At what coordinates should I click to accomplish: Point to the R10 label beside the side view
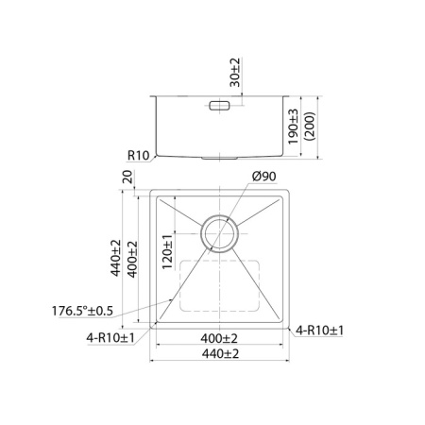[x=139, y=157]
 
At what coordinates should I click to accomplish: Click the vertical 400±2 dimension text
[x=132, y=258]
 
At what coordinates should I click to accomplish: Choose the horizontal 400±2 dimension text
[x=219, y=338]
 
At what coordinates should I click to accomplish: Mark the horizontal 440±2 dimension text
[x=219, y=354]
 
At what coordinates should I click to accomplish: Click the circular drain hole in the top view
[x=221, y=231]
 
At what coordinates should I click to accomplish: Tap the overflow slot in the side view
[x=219, y=107]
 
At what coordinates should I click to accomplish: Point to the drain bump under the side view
[x=221, y=158]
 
